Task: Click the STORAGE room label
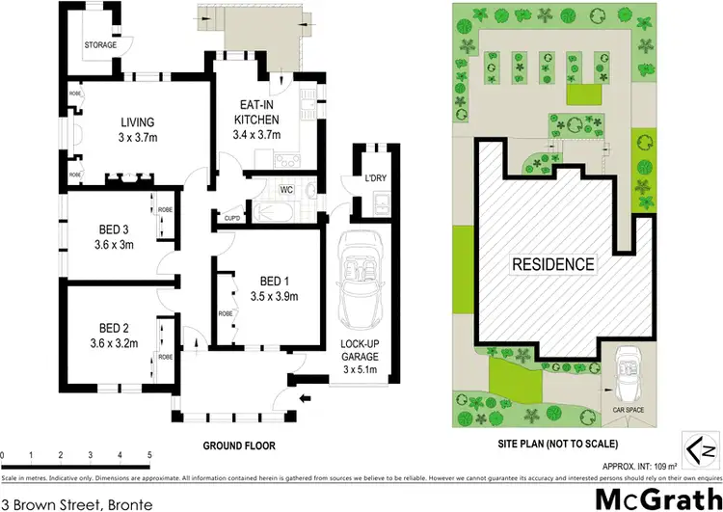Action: [100, 45]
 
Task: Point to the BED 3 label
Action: [114, 229]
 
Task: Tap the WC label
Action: [286, 189]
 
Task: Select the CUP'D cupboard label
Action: [231, 217]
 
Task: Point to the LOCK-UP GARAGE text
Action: [358, 350]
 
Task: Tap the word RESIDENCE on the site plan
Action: [553, 263]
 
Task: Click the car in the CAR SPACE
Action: [625, 377]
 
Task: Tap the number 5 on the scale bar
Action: [149, 455]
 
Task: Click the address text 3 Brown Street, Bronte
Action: [62, 502]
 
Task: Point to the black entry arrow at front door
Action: [305, 396]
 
